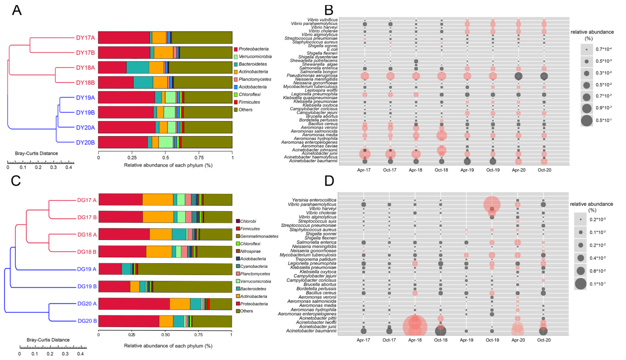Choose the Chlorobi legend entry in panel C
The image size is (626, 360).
click(x=237, y=221)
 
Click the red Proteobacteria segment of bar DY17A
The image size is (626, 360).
click(x=124, y=37)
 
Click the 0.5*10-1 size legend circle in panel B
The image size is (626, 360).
click(x=587, y=121)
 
